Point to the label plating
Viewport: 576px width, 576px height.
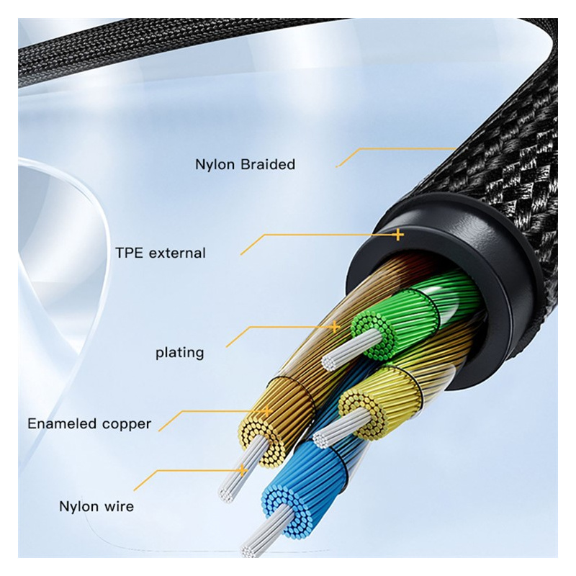point(179,353)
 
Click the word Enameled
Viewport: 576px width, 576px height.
point(62,423)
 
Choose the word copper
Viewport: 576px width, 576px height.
point(127,425)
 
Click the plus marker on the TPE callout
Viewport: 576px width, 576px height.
point(398,235)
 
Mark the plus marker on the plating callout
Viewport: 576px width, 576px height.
point(335,326)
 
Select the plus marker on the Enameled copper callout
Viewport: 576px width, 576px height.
point(267,410)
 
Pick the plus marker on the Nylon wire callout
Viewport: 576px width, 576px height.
point(242,470)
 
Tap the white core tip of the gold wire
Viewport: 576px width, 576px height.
point(228,494)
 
